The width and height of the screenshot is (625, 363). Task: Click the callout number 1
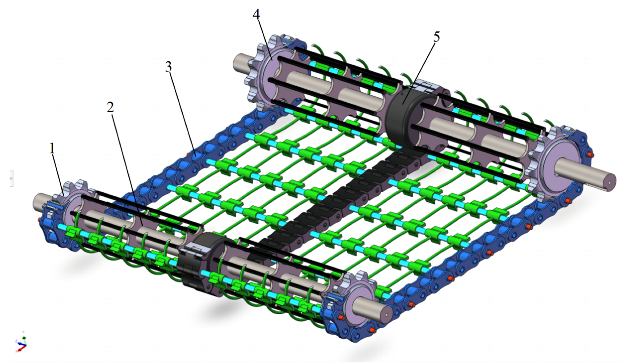(52, 148)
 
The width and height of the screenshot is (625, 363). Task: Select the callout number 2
(110, 107)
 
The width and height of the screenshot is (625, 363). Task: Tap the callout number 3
(169, 67)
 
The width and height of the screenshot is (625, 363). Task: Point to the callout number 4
(256, 14)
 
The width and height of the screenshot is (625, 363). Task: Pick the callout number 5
(437, 37)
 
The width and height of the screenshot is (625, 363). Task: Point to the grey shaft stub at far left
(44, 202)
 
